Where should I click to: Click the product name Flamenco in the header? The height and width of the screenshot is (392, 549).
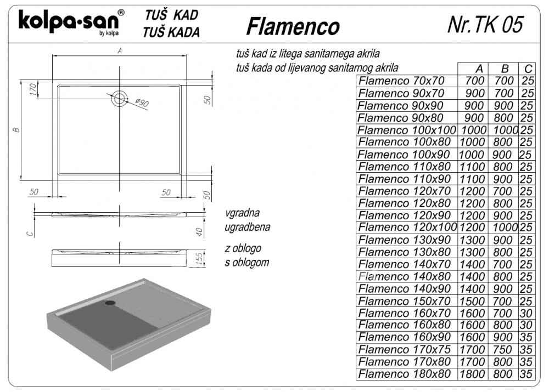(293, 26)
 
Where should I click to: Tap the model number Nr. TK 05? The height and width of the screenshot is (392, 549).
(486, 25)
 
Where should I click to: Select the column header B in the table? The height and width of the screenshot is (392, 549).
(505, 69)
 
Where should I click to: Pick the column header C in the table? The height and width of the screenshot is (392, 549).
(528, 69)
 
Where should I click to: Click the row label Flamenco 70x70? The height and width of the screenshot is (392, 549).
(401, 81)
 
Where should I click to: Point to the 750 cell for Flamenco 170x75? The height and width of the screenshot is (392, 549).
(503, 349)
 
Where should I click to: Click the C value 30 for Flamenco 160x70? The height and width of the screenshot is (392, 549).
(526, 313)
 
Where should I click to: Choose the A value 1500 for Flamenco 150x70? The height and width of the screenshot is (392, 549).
(472, 301)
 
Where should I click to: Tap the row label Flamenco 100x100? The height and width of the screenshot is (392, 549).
(407, 130)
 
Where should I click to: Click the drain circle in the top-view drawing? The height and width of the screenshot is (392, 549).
(119, 98)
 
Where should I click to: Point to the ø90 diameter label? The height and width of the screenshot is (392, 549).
(142, 103)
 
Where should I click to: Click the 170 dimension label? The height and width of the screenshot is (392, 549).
(33, 89)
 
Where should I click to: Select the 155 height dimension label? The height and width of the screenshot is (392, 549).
(199, 258)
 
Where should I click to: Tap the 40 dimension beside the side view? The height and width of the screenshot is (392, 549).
(199, 232)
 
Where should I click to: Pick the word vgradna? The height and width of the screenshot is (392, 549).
(242, 213)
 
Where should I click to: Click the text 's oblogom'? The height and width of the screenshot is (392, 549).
(247, 262)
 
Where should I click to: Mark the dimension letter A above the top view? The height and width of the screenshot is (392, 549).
(120, 51)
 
